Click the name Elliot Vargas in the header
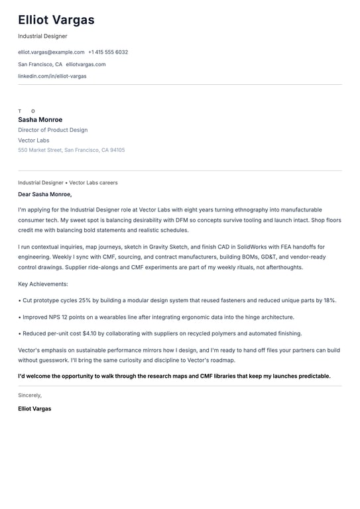56,20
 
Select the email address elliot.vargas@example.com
51,52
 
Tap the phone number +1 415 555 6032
108,52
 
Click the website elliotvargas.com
86,64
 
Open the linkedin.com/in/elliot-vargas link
52,76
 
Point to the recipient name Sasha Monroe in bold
40,120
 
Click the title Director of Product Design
52,130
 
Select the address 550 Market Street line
71,150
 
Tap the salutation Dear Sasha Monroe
44,194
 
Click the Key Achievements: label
43,284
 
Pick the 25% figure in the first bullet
84,300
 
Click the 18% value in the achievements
330,300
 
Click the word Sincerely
30,395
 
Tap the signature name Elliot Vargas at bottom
34,409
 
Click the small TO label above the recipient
27,111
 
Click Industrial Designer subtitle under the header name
42,36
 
